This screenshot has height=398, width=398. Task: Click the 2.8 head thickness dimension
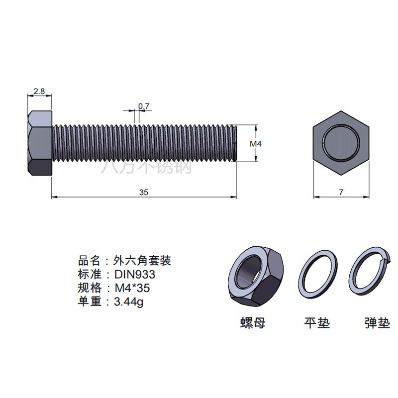[x=39, y=91]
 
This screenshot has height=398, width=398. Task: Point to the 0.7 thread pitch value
[x=144, y=106]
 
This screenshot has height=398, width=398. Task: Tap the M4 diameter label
[x=256, y=144]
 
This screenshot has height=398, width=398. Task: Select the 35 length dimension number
[x=144, y=193]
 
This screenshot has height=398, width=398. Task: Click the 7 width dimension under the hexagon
[x=341, y=192]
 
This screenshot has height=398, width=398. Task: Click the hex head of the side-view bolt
[x=40, y=143]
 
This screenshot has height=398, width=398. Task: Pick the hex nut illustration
[x=256, y=277]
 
